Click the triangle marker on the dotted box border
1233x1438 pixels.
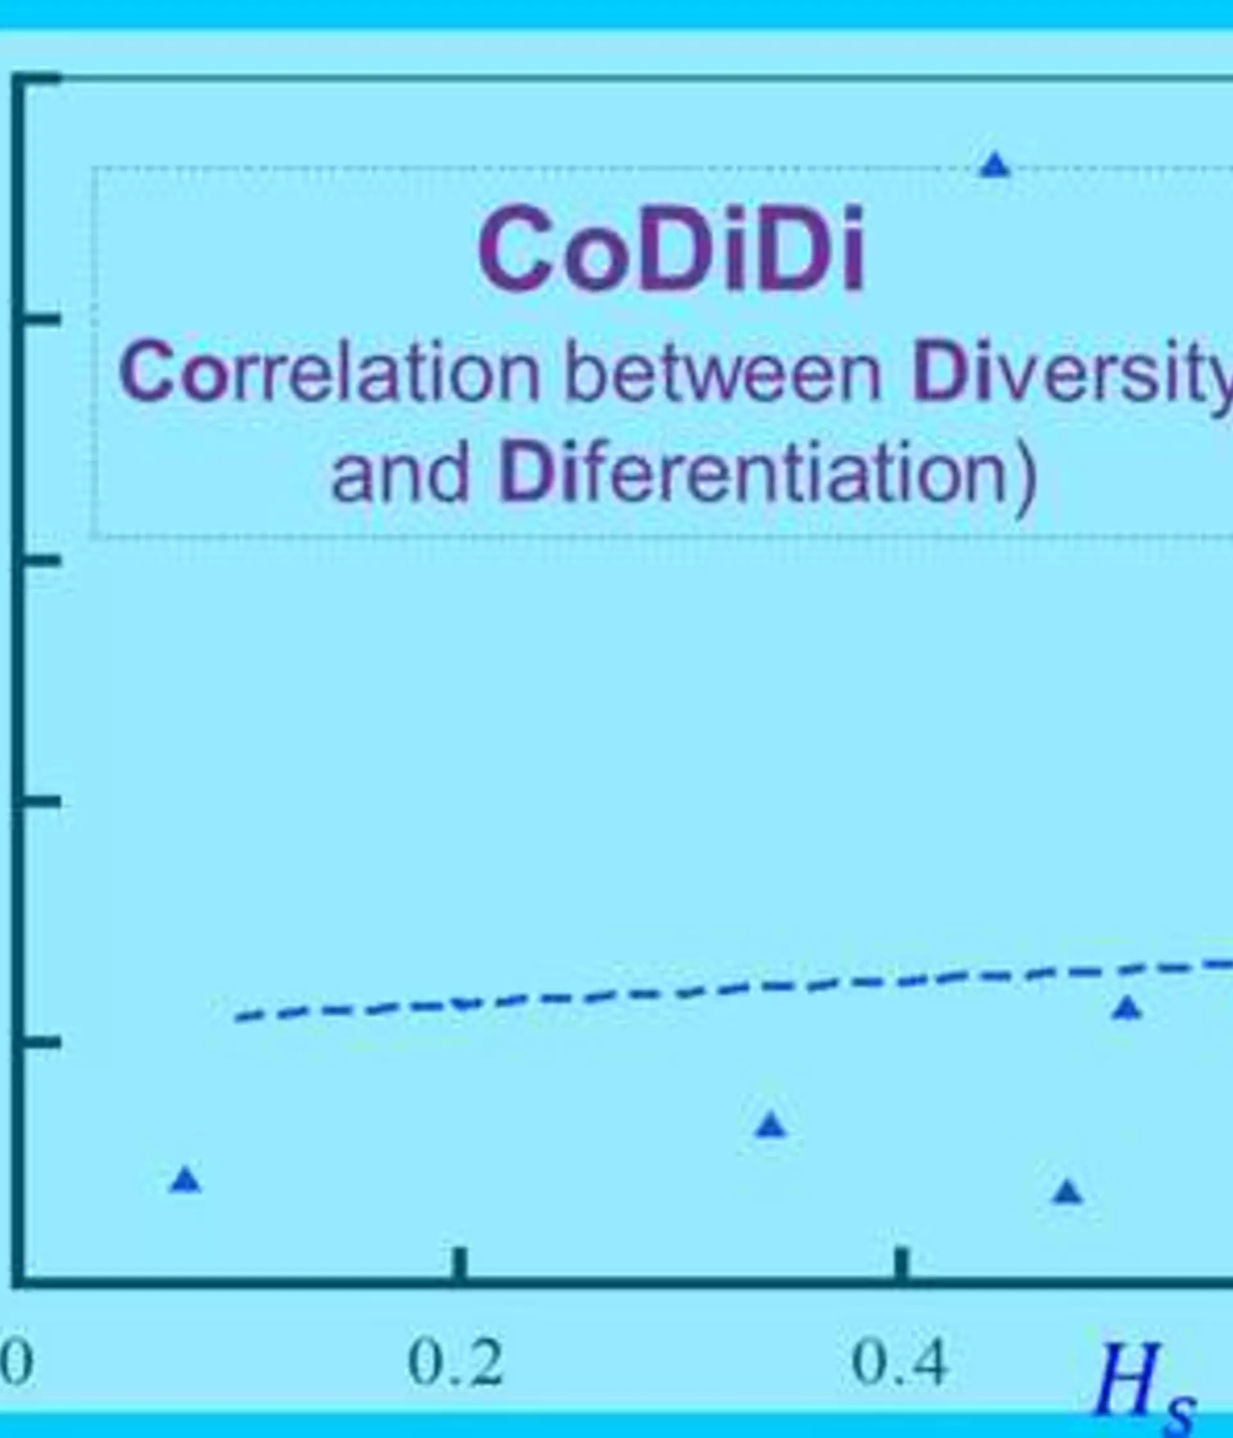click(995, 165)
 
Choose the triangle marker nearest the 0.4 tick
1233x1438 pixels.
click(1068, 1191)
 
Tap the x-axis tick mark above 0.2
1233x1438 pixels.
click(459, 1263)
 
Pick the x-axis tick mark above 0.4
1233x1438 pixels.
click(900, 1263)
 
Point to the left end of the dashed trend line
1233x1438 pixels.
click(237, 1019)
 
